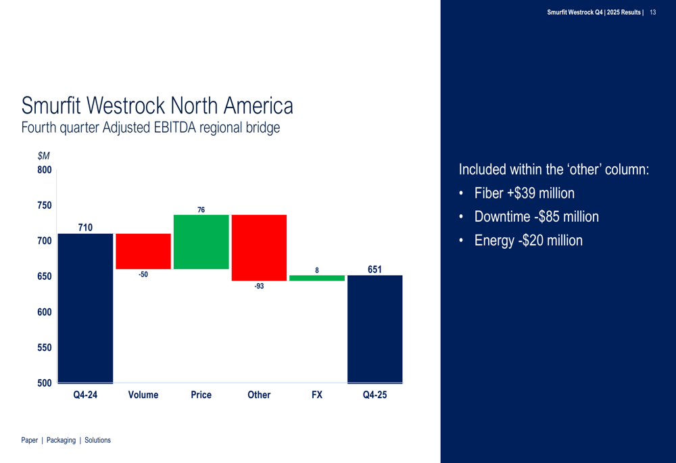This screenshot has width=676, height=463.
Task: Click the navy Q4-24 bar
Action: click(85, 308)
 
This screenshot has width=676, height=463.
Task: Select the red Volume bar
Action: click(143, 251)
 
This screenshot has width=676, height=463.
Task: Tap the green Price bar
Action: click(201, 242)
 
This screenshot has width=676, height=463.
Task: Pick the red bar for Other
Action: click(259, 247)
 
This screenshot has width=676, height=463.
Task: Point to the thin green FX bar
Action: click(317, 278)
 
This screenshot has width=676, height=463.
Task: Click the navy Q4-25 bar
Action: click(375, 328)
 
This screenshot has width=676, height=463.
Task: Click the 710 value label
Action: click(85, 228)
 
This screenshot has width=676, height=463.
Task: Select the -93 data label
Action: click(259, 287)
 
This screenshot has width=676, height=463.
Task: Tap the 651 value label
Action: click(375, 270)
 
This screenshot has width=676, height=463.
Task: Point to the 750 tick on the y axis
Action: click(45, 205)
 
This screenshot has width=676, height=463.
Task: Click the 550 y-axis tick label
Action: click(45, 347)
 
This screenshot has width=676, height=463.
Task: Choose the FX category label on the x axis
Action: click(317, 395)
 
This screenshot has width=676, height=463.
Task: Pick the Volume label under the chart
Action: click(143, 395)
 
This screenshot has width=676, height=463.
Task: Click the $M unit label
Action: click(43, 156)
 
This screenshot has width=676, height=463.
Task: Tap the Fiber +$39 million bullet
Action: click(524, 193)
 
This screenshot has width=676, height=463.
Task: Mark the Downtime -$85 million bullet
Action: click(536, 217)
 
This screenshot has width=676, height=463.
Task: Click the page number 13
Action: click(653, 12)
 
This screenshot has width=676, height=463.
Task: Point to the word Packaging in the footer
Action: click(61, 440)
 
